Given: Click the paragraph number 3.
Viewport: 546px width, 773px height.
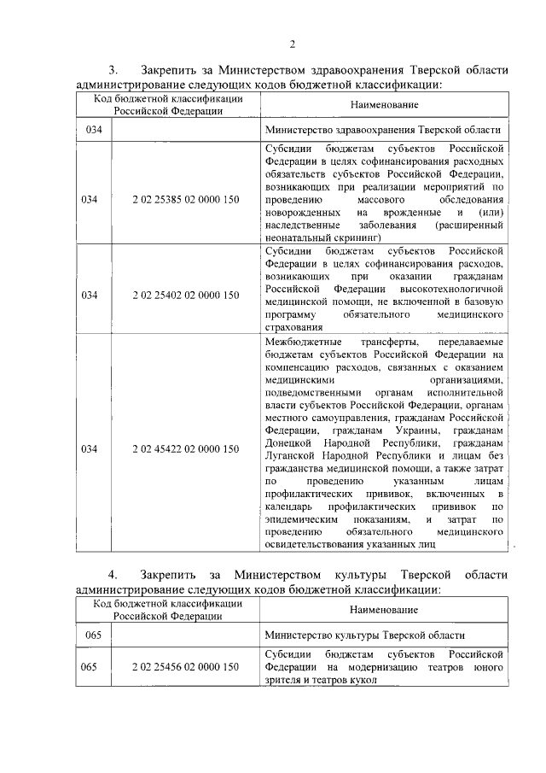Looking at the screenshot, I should coord(112,70).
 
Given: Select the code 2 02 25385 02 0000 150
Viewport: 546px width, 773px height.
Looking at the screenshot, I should coord(186,200).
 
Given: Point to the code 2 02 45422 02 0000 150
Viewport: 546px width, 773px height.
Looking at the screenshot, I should coord(186,448).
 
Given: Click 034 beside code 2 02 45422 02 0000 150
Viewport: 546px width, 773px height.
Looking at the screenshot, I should coord(90,448).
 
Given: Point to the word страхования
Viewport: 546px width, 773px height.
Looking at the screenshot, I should coord(293,326).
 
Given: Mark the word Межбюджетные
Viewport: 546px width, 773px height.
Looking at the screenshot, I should coord(299,341).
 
